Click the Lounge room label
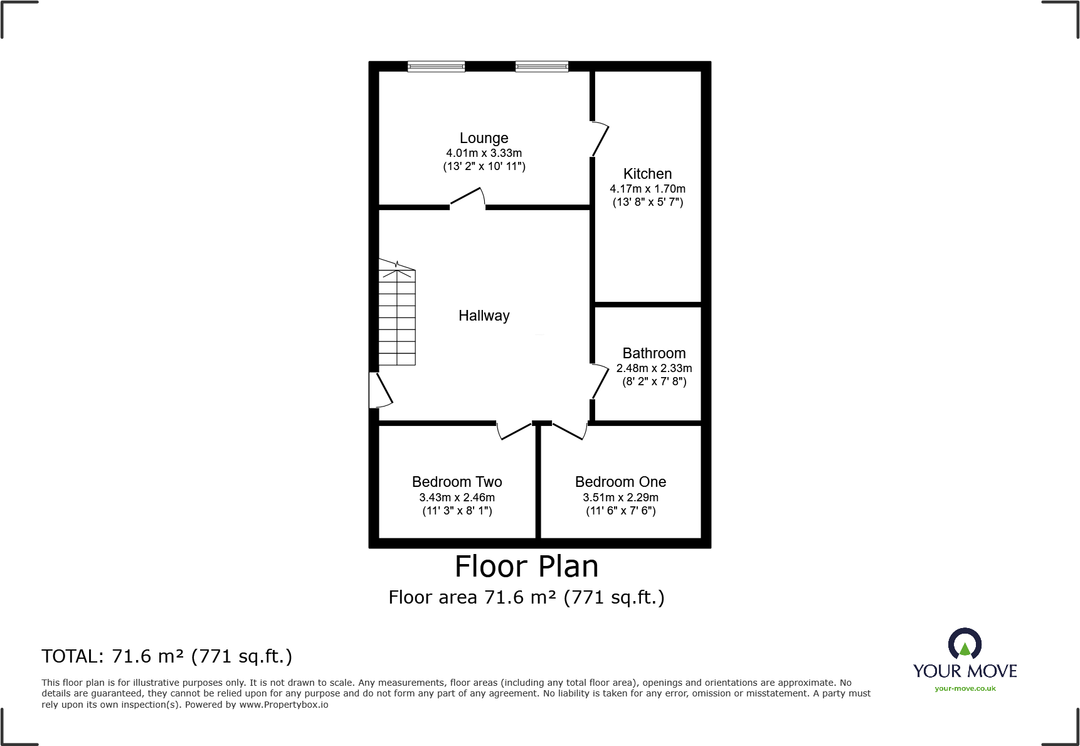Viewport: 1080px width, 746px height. pos(484,138)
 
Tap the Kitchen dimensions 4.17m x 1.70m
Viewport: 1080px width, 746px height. pos(647,189)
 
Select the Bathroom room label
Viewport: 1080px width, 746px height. pos(654,353)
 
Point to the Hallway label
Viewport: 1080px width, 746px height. pos(484,316)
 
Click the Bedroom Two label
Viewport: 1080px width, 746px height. pos(457,482)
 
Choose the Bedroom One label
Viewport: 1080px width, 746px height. pos(620,482)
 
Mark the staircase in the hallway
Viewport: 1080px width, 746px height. pos(397,317)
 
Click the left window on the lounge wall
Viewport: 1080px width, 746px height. pos(436,67)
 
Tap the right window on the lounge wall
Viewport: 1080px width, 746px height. pos(542,67)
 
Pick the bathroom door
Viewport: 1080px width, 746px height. pos(600,381)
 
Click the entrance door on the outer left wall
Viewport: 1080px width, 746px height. pos(380,390)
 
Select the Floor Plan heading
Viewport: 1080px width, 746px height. pos(526,567)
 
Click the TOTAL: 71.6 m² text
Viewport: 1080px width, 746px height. pos(167,656)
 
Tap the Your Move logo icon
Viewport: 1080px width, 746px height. pos(965,644)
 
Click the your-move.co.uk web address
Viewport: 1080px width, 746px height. pos(965,688)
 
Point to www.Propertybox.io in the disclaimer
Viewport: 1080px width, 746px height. pos(283,705)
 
